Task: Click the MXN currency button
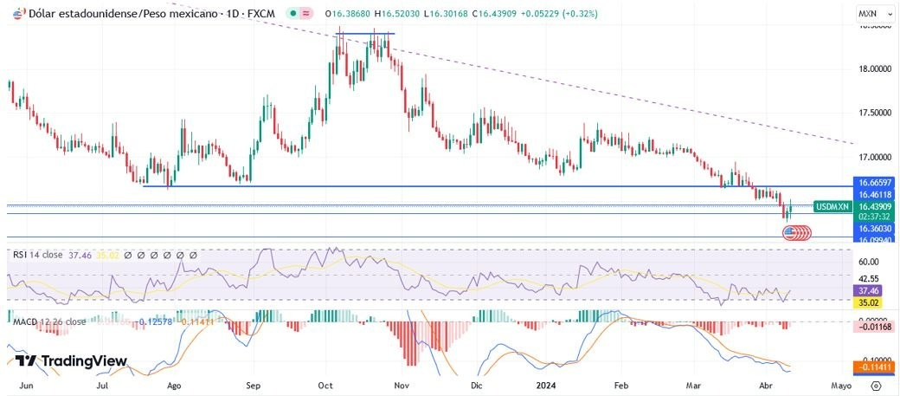coord(868,14)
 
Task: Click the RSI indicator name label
coord(19,255)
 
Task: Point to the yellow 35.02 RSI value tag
coord(868,303)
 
